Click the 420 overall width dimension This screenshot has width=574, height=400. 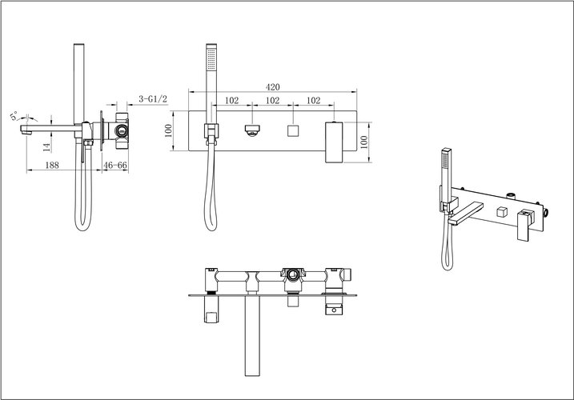click(272, 87)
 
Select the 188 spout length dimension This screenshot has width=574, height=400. click(52, 165)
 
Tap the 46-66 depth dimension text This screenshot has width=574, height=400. click(115, 165)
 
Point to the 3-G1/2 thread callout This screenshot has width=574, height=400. click(153, 99)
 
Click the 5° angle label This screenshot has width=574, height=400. click(14, 116)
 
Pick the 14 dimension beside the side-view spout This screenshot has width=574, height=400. click(46, 147)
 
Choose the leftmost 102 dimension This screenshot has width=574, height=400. click(231, 100)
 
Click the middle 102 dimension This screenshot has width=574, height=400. click(272, 100)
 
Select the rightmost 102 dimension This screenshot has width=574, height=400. click(313, 100)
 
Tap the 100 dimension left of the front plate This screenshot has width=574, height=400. click(168, 130)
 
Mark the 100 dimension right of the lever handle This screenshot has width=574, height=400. click(364, 142)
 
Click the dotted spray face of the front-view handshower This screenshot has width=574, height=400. click(211, 58)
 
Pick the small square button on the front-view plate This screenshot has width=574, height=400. click(293, 130)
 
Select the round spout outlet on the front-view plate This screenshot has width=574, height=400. click(252, 130)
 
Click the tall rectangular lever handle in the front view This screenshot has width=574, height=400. click(334, 142)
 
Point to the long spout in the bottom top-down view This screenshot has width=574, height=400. click(252, 335)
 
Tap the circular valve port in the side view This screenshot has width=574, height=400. click(120, 130)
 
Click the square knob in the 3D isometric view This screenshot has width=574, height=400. click(501, 212)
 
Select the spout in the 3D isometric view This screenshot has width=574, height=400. click(466, 213)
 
